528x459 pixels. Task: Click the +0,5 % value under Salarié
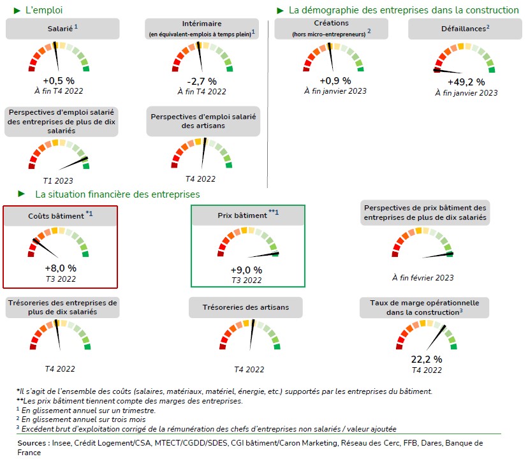pyautogui.click(x=59, y=81)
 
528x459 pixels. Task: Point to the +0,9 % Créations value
pyautogui.click(x=335, y=80)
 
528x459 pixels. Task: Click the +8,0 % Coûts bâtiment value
pyautogui.click(x=60, y=268)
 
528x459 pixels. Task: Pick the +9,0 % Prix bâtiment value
pyautogui.click(x=246, y=270)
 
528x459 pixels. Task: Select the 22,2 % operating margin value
pyautogui.click(x=427, y=360)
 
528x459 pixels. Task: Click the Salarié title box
pyautogui.click(x=62, y=29)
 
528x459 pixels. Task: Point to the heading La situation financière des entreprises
pyautogui.click(x=117, y=194)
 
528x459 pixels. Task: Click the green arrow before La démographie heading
pyautogui.click(x=280, y=10)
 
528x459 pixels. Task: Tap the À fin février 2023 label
pyautogui.click(x=423, y=277)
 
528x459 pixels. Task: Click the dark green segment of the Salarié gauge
pyautogui.click(x=86, y=68)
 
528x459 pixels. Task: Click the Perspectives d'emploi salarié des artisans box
pyautogui.click(x=203, y=121)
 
